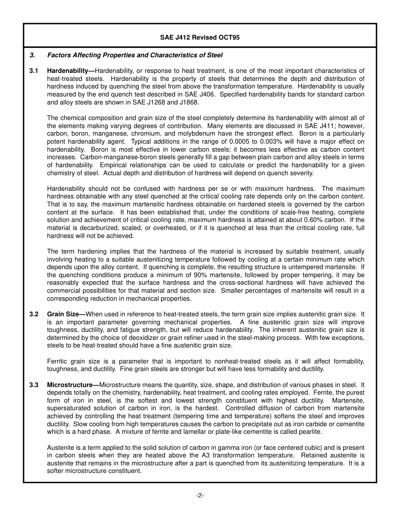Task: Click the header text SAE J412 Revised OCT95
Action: click(x=200, y=37)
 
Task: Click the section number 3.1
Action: click(x=34, y=71)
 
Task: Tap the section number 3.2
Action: click(x=34, y=314)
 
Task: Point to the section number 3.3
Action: click(x=34, y=385)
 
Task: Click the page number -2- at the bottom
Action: click(x=200, y=496)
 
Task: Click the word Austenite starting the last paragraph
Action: click(x=60, y=448)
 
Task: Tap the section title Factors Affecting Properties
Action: click(x=135, y=55)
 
